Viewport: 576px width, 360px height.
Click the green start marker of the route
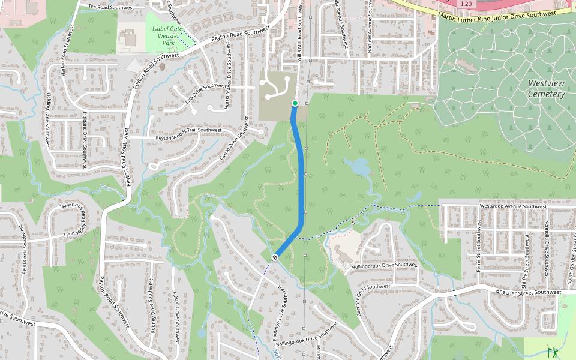click(x=295, y=104)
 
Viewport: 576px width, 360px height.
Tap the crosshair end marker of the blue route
click(x=275, y=257)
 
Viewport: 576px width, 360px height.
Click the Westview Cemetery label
click(x=546, y=88)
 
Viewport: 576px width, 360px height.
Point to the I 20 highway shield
click(x=467, y=4)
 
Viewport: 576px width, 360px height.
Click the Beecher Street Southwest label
click(x=527, y=292)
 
